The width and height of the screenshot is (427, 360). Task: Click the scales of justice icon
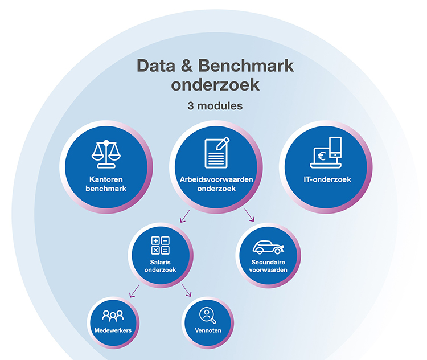[x=107, y=152]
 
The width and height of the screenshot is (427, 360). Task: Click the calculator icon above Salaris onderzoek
[x=160, y=245]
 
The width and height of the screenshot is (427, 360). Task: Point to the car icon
[x=268, y=247]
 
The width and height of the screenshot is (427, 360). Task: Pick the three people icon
[x=113, y=315]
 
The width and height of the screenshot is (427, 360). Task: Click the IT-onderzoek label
[x=327, y=179]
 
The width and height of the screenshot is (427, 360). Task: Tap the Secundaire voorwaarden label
[x=268, y=266]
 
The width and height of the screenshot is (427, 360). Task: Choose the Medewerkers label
[x=113, y=330]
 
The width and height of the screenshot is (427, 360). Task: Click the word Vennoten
[x=207, y=330]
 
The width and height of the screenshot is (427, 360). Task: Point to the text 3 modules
[x=215, y=106]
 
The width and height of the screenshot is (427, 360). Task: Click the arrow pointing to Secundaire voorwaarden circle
[x=248, y=215]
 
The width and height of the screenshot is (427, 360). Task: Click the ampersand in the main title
[x=185, y=66]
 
